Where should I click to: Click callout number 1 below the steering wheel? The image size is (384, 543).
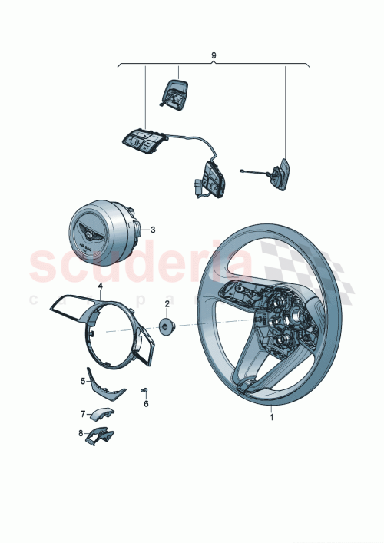coord(270,419)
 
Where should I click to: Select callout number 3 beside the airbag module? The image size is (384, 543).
coord(153,229)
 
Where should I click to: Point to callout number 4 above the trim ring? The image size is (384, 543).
coord(99,286)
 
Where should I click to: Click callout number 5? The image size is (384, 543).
coord(83,380)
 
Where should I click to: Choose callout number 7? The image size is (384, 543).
coord(83,413)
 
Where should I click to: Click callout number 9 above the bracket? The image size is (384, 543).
coord(213,55)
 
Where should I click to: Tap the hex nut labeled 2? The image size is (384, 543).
coord(166,327)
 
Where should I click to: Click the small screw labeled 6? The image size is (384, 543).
coord(145,391)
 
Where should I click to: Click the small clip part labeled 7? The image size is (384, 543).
coord(100,416)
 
